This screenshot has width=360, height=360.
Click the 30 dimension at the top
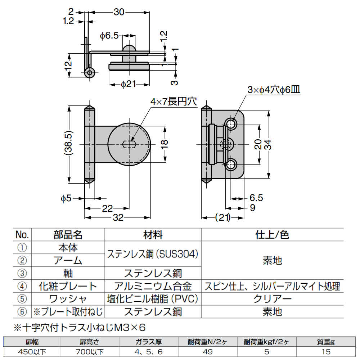point(119,12)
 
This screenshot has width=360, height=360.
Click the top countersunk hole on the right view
point(231,125)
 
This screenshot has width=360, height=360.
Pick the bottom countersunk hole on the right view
point(231,165)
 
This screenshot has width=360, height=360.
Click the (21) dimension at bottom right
point(222,217)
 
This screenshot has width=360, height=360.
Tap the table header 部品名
point(68,235)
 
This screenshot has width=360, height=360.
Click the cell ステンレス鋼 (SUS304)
point(153,254)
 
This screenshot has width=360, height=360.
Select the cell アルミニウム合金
point(153,286)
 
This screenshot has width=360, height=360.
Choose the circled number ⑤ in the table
point(22,299)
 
